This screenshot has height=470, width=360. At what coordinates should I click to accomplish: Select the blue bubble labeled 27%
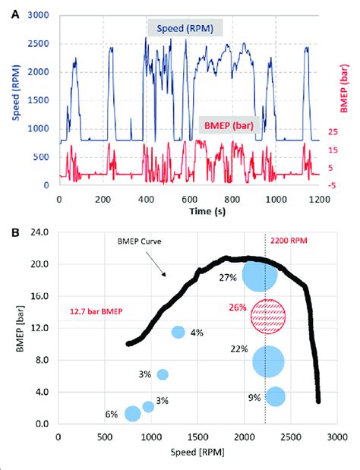click(259, 274)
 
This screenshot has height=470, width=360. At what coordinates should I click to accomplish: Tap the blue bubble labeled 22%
click(268, 361)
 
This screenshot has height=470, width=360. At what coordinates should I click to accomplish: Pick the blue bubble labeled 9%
click(275, 396)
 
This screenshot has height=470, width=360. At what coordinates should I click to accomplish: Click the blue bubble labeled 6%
click(132, 414)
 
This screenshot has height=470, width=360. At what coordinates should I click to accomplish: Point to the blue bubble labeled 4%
click(178, 332)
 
